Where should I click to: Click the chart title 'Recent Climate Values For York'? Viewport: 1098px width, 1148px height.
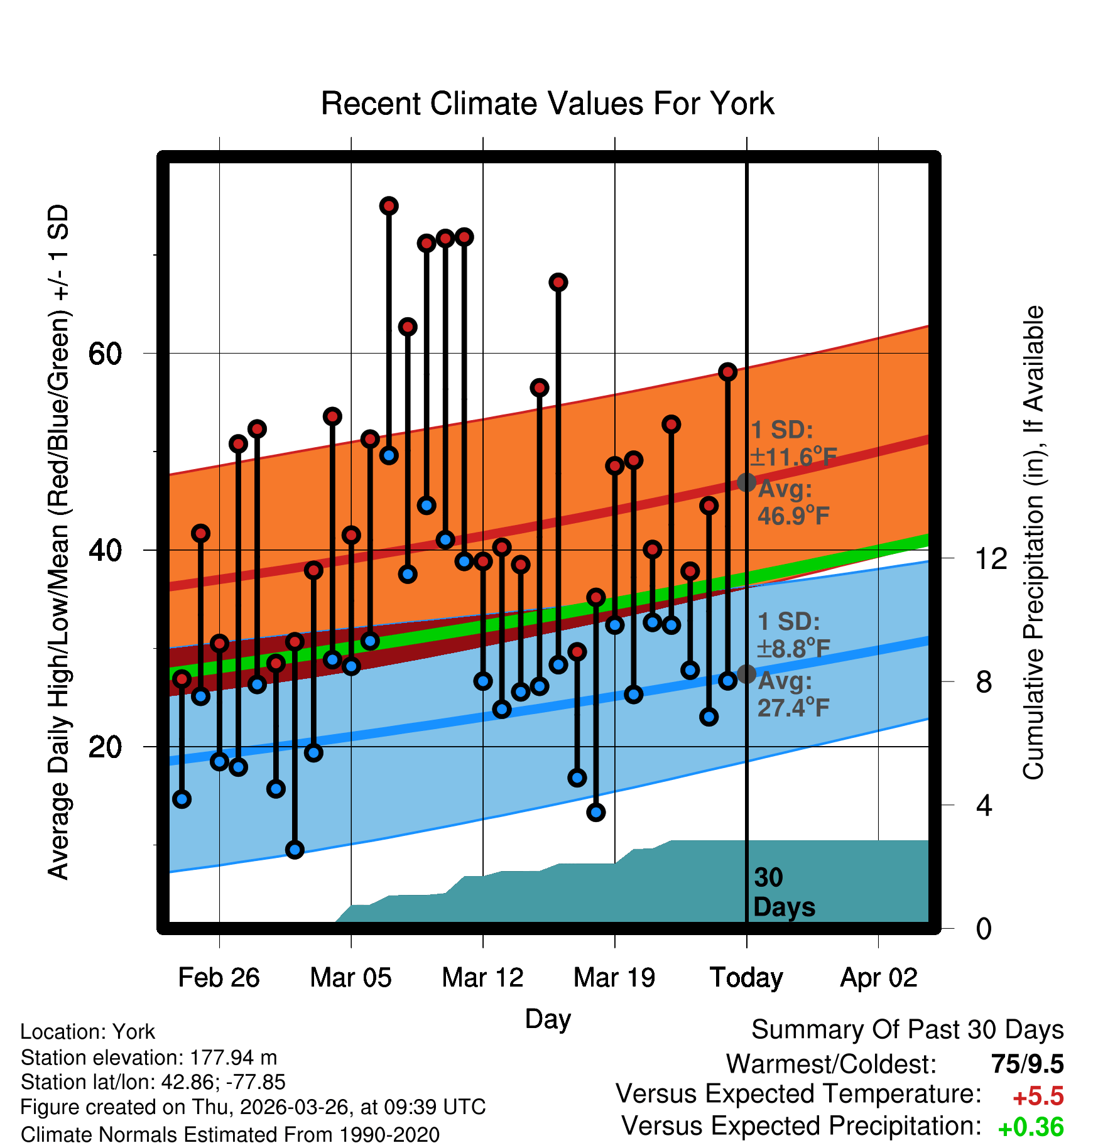tap(547, 104)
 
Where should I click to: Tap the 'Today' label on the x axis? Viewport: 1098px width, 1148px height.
tap(746, 978)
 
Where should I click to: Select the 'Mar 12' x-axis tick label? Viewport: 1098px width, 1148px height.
tap(482, 977)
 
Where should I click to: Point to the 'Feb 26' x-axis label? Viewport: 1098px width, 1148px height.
tap(219, 977)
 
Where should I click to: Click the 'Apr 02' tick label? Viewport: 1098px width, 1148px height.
tap(879, 978)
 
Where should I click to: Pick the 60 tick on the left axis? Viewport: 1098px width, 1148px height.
tap(105, 354)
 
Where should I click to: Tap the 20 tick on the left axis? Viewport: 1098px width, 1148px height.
tap(105, 747)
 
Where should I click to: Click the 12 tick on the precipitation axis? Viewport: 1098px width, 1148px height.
tap(991, 558)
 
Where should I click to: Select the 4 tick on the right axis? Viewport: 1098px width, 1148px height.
tap(984, 804)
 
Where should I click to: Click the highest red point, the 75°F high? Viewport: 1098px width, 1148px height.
tap(389, 206)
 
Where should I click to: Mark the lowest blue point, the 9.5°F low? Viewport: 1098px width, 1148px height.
tap(295, 850)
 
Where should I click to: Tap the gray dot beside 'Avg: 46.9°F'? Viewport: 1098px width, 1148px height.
tap(746, 482)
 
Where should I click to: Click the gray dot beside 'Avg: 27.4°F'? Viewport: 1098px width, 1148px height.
tap(746, 674)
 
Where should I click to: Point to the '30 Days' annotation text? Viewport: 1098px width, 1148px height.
tap(784, 892)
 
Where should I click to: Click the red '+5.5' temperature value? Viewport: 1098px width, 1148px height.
tap(1038, 1097)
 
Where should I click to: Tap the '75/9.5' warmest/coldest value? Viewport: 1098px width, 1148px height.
tap(1028, 1064)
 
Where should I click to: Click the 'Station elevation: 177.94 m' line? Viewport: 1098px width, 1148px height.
tap(149, 1058)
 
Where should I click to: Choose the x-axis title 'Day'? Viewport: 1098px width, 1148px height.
tap(548, 1019)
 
